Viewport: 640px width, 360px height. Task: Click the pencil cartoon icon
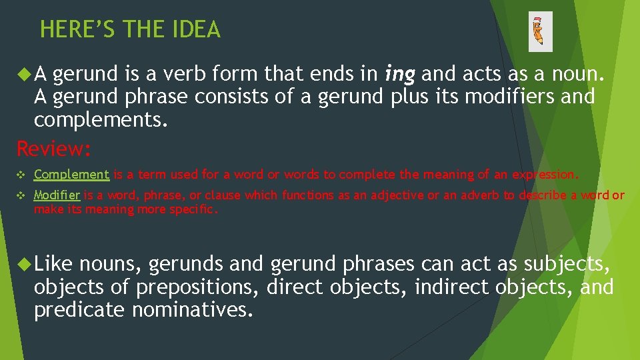[x=539, y=31]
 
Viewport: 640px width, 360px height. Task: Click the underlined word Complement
[x=71, y=175]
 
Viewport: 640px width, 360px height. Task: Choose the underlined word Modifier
[x=57, y=195]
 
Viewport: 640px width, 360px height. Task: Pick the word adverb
[x=479, y=195]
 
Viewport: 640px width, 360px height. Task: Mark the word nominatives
[x=193, y=310]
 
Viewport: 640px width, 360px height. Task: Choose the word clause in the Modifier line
[x=223, y=195]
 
